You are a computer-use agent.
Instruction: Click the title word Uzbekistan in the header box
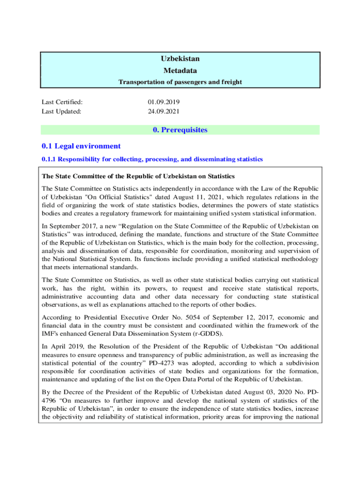(x=180, y=59)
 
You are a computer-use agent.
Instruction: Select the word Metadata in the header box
(x=180, y=71)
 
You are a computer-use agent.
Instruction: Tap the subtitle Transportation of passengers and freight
(x=180, y=82)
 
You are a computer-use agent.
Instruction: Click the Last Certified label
(x=62, y=102)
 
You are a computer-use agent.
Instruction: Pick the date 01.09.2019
(x=164, y=102)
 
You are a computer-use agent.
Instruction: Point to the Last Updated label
(x=61, y=111)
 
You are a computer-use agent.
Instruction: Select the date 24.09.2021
(x=164, y=111)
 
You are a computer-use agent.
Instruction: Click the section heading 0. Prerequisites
(x=180, y=130)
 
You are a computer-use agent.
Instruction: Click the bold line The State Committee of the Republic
(x=138, y=176)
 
